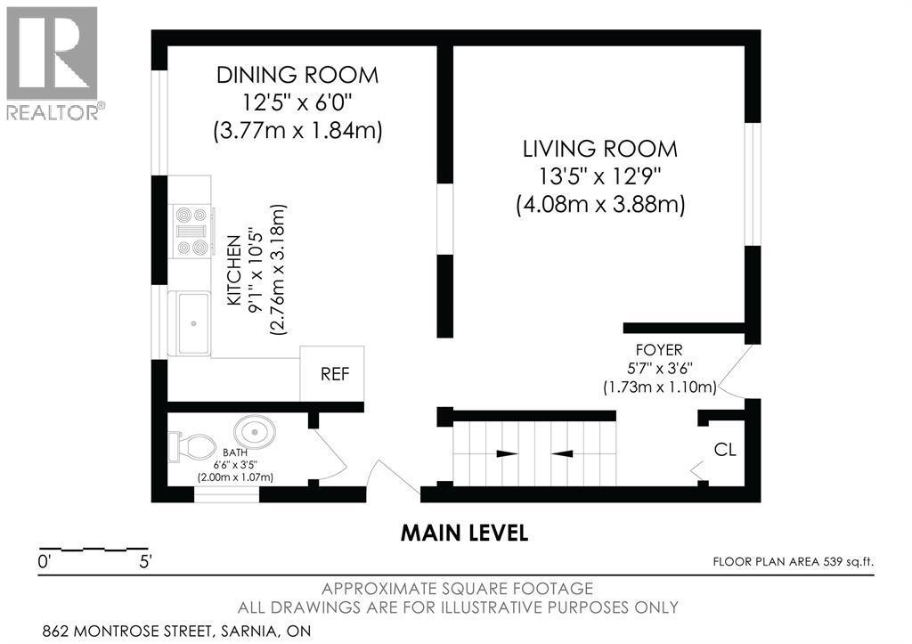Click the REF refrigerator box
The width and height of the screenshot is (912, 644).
332,373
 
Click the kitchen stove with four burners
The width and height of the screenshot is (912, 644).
192,231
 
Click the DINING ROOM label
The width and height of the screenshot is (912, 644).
297,75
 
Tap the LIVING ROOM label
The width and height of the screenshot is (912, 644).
600,149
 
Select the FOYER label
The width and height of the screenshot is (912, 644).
659,350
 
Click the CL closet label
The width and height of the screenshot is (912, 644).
725,449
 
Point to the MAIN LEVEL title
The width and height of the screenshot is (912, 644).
464,533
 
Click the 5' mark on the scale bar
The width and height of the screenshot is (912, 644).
145,562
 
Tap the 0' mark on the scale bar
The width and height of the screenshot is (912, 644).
45,562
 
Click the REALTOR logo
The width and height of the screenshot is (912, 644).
53,63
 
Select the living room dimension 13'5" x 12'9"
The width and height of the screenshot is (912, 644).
600,175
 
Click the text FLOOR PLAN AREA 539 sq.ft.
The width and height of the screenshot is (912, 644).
794,561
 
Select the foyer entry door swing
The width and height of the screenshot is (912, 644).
734,371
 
